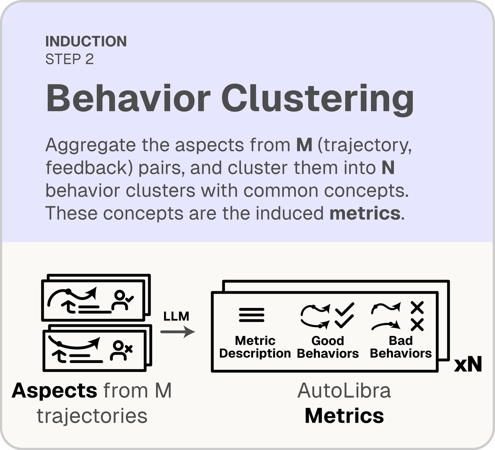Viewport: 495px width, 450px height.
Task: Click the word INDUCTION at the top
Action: (86, 41)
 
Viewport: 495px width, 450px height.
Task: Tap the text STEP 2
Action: (70, 59)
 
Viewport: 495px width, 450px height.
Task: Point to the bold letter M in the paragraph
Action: (304, 145)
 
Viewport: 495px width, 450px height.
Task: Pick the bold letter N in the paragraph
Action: (388, 167)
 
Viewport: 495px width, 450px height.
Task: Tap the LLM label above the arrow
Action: (176, 316)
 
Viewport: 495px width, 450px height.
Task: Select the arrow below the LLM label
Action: (178, 332)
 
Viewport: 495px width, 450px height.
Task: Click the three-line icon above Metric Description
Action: (252, 315)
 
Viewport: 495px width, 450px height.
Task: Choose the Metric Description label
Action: (255, 347)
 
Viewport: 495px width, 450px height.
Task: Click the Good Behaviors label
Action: (328, 347)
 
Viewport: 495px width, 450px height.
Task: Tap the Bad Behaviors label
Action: (401, 347)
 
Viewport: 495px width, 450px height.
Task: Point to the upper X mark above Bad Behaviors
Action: (417, 307)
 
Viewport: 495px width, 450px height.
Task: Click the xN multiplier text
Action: (468, 365)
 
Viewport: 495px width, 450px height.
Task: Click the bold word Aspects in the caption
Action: (54, 391)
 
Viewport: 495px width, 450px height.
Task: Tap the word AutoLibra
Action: (344, 391)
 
